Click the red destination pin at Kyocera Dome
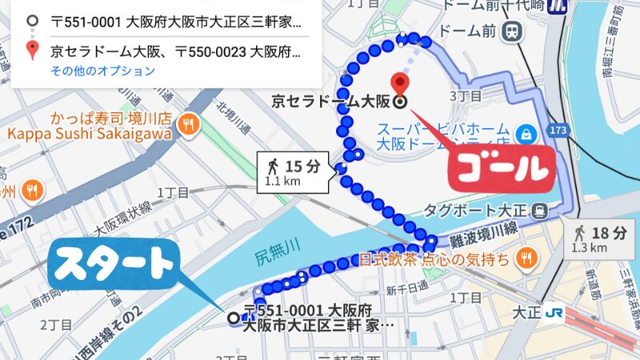[x=399, y=84]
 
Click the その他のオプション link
[x=102, y=71]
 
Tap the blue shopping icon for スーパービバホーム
[x=526, y=131]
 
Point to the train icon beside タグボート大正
[x=541, y=211]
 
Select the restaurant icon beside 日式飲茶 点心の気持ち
[x=526, y=258]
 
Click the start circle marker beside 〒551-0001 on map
[x=234, y=318]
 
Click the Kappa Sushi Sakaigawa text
[x=90, y=134]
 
